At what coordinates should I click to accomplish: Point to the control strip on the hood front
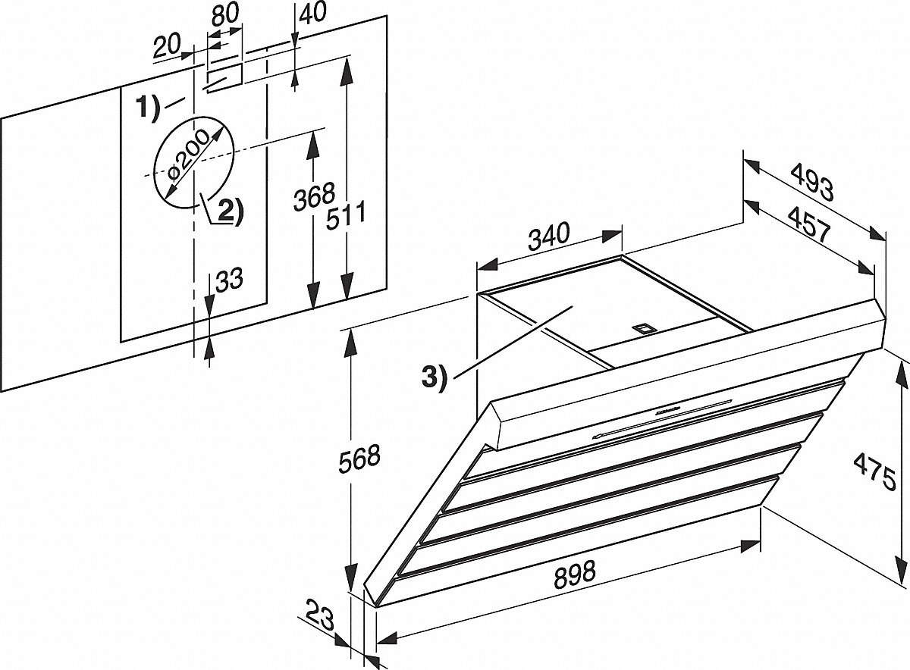[664, 417]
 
